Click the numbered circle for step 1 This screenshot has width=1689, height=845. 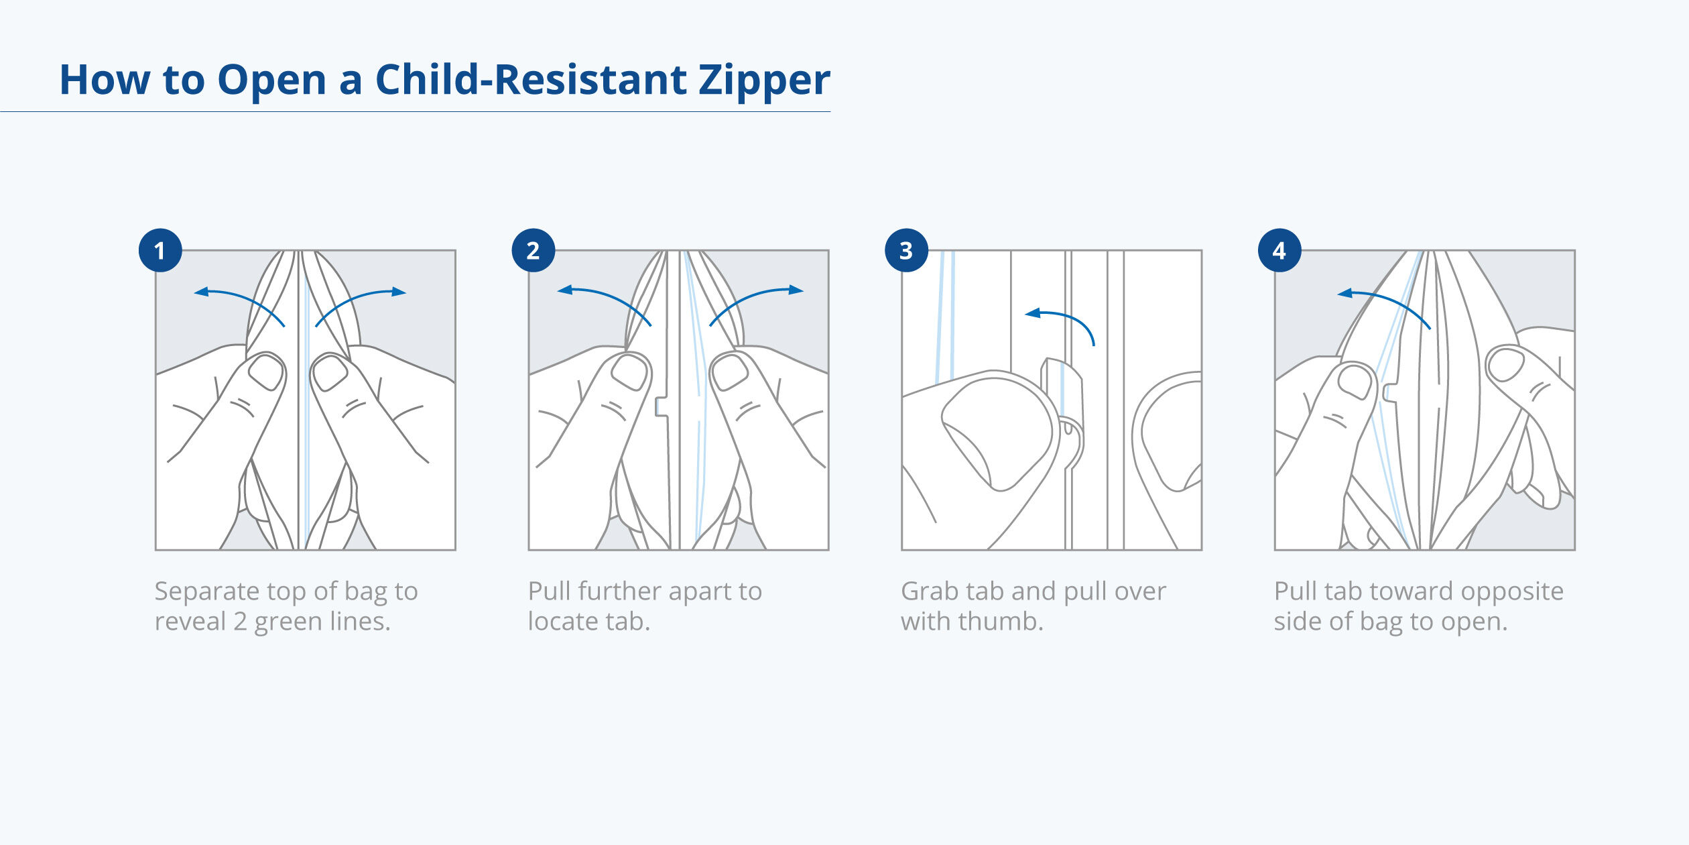(160, 250)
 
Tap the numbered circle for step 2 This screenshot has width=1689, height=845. (533, 250)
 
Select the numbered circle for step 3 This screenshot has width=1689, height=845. (906, 250)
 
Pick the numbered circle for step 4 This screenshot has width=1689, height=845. (1279, 250)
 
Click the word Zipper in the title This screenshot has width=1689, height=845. (764, 80)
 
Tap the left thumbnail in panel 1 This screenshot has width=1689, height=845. (266, 372)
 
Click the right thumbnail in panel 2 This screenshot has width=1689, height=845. (729, 372)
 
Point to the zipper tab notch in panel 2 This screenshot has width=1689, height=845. (661, 406)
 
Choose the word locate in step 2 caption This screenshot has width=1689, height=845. (564, 622)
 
